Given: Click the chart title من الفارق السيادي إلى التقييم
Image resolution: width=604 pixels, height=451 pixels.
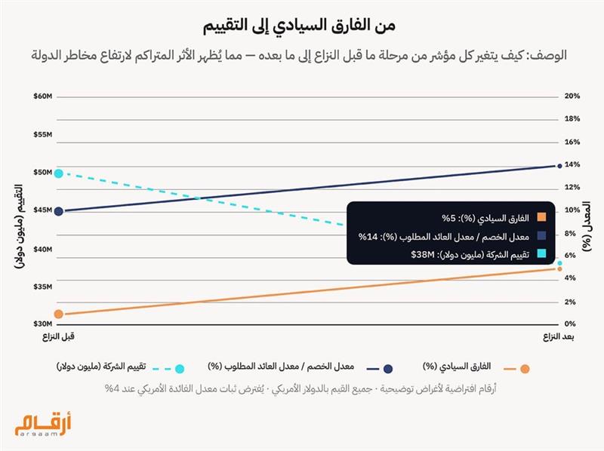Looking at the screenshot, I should (x=301, y=25).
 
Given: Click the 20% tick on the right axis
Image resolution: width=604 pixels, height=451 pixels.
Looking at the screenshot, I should (x=572, y=97).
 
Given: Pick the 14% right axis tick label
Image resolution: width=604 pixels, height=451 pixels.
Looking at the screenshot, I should (x=572, y=165).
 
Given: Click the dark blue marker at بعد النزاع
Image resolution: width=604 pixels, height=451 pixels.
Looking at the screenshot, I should (x=559, y=165).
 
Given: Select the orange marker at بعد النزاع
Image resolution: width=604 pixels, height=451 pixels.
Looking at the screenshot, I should (x=559, y=268).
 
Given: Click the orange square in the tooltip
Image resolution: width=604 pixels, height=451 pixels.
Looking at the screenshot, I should (x=542, y=218).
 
